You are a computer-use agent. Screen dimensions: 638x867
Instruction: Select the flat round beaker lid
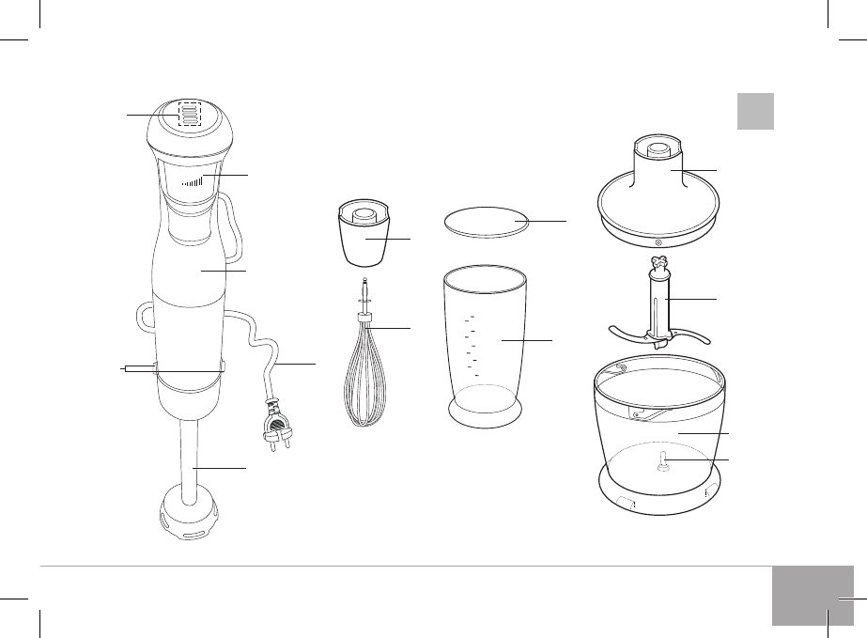click(485, 222)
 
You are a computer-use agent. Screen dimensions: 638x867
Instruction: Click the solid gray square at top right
click(754, 111)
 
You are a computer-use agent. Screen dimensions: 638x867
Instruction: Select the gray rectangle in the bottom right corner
click(813, 595)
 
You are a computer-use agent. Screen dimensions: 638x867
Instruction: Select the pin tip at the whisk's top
click(362, 284)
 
